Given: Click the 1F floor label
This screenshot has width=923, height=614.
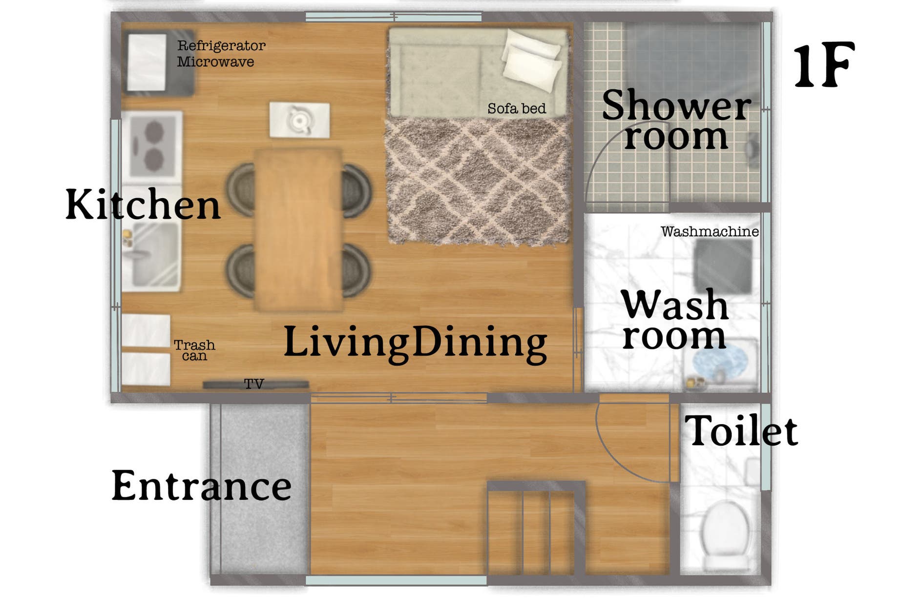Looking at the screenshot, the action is [824, 65].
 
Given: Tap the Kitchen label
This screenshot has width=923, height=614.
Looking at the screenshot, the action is [143, 204].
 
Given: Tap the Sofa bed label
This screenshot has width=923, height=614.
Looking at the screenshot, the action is [517, 108].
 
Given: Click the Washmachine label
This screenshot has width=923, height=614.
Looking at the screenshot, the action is [710, 231].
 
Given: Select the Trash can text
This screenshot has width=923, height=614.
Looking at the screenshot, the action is [194, 350].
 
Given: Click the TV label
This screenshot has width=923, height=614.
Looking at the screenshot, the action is [254, 384].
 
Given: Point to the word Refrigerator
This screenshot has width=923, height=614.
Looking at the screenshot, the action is [221, 45].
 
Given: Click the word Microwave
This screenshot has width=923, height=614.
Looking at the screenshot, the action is [215, 61].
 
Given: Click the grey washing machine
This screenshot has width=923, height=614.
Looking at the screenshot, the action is [723, 266].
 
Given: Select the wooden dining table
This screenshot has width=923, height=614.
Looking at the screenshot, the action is [298, 229].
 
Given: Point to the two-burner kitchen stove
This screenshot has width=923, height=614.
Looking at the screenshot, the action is [152, 145].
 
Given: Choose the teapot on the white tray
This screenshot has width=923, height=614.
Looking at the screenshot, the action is [299, 120].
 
